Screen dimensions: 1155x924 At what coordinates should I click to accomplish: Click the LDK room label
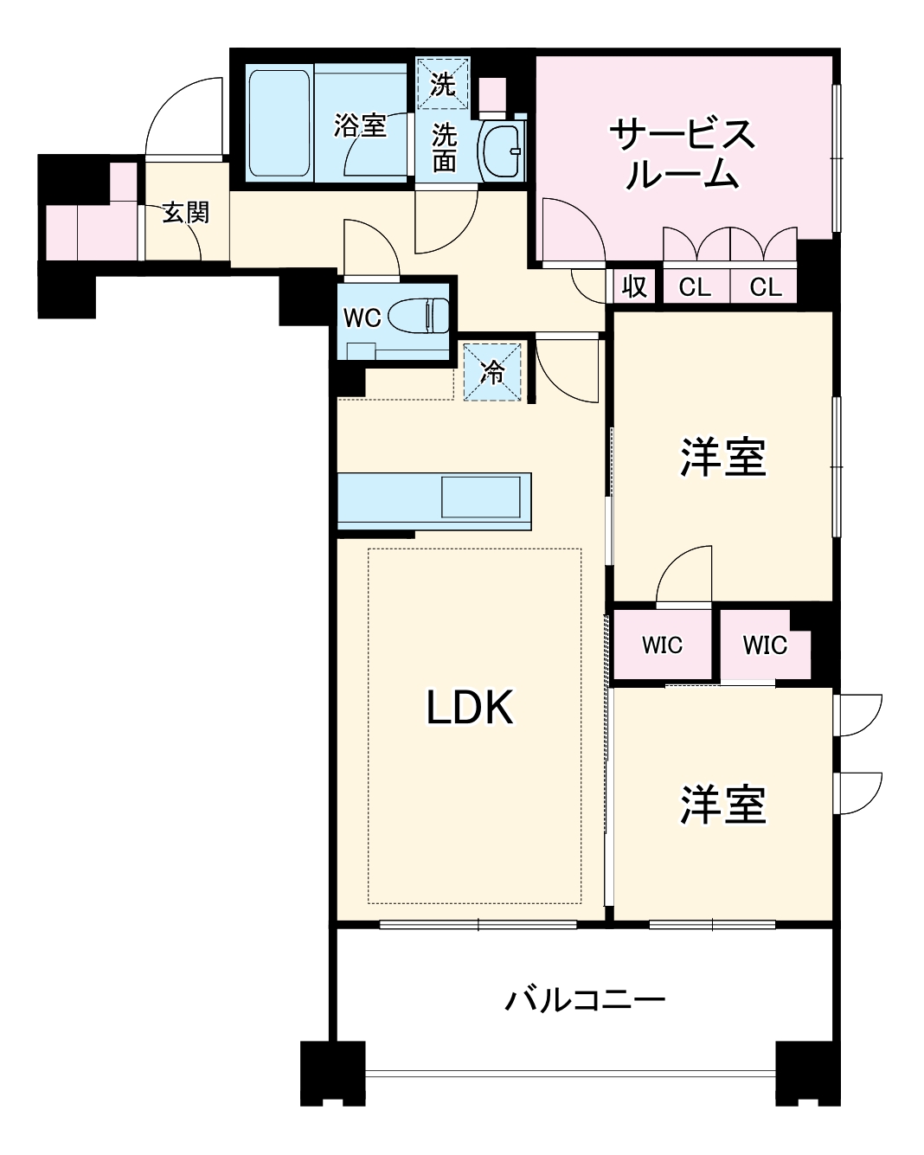pos(470,708)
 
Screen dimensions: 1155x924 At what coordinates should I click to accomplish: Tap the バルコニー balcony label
pos(585,1001)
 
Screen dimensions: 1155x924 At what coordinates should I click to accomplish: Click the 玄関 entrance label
pos(186,213)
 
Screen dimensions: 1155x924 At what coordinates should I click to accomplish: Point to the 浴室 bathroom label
pos(361,126)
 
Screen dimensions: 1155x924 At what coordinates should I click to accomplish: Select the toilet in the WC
pos(420,316)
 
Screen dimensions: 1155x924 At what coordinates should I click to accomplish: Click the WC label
pos(362,318)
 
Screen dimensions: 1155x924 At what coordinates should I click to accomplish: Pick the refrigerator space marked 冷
pos(493,373)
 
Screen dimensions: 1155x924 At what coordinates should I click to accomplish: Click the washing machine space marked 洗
pos(443,85)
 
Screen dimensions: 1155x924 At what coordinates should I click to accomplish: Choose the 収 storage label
pos(635,286)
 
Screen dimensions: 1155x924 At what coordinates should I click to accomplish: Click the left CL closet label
pos(695,287)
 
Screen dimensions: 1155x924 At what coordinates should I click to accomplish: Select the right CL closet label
pos(766,287)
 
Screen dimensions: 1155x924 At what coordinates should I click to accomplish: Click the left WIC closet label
pos(662,645)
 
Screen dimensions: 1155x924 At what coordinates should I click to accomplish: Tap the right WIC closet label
pos(765,645)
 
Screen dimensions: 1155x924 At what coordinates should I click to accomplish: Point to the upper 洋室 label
pos(722,457)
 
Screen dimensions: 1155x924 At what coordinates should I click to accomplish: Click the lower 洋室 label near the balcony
pos(722,805)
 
